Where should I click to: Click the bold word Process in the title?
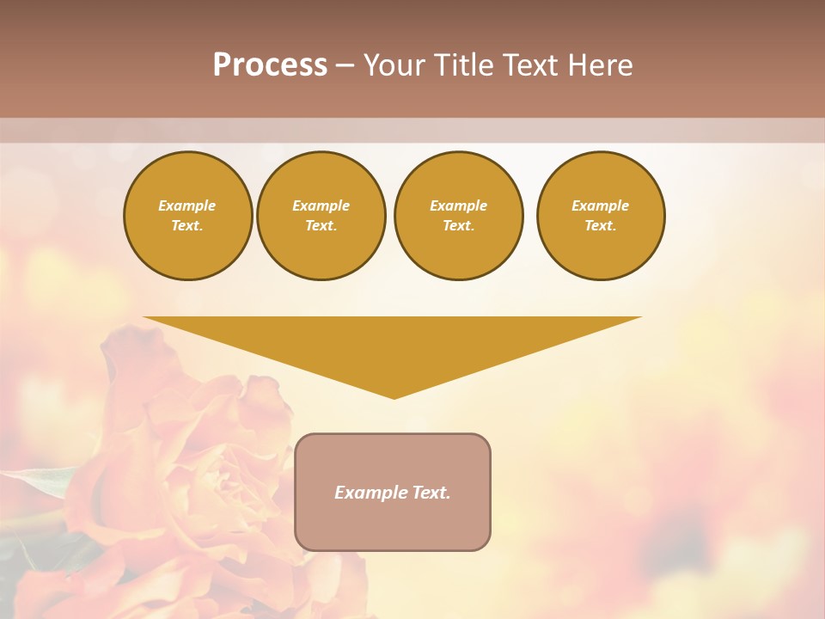click(270, 65)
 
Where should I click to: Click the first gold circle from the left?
click(187, 215)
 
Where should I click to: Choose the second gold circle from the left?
click(321, 215)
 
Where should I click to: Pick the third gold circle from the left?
click(458, 215)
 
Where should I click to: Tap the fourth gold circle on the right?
click(600, 215)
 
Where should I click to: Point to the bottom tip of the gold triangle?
click(394, 397)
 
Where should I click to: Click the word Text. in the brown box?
click(431, 493)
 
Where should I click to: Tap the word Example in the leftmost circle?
click(187, 205)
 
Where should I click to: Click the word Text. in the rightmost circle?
click(600, 226)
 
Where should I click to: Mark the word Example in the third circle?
click(458, 205)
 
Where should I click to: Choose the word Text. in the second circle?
click(321, 226)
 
